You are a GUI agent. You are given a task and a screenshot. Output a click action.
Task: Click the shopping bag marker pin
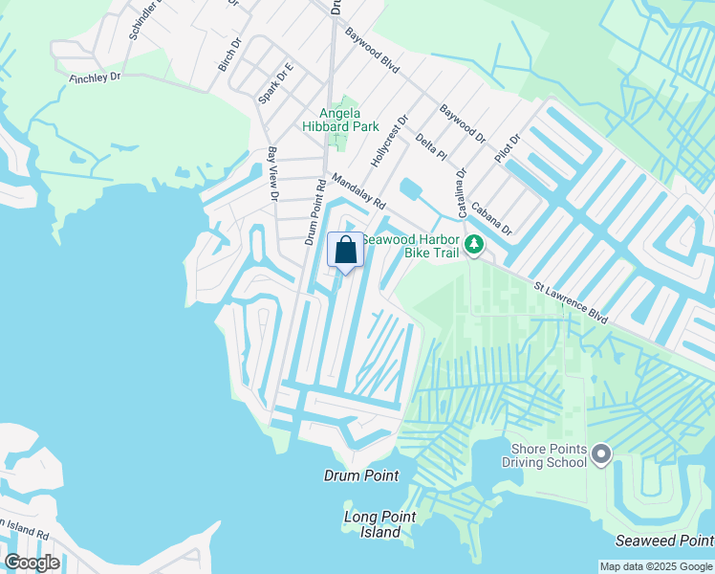click(346, 251)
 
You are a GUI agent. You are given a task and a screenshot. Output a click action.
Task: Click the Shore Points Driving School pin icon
click(600, 453)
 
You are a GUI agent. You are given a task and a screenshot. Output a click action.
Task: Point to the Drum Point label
click(360, 475)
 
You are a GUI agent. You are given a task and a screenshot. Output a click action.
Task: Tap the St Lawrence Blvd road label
click(572, 300)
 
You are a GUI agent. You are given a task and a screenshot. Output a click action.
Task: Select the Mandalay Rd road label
click(358, 191)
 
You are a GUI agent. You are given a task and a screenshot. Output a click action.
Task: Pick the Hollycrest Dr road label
click(389, 142)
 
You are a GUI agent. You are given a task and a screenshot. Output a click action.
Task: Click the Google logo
click(32, 563)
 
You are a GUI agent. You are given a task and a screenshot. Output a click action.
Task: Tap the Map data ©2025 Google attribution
click(655, 566)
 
